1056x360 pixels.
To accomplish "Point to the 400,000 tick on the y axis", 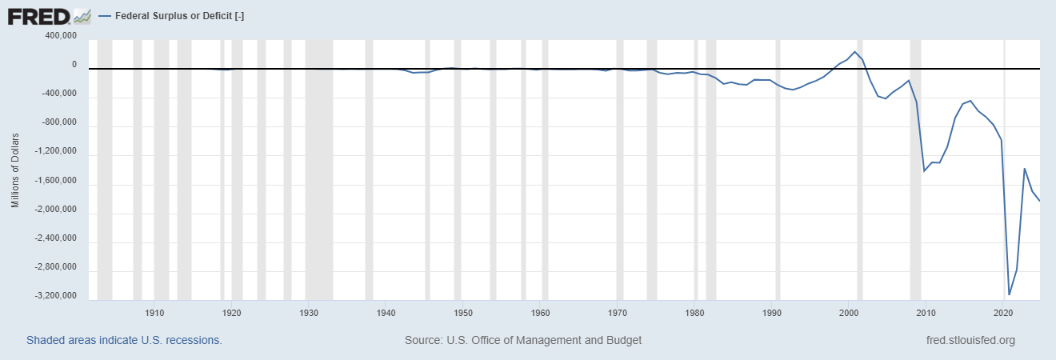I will [x=61, y=36].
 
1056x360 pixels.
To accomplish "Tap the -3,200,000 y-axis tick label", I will [x=58, y=296].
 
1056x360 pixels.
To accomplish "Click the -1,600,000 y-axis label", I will [x=58, y=181].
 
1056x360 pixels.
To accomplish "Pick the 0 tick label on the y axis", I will [x=74, y=65].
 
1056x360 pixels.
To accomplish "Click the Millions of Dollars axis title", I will [x=15, y=166].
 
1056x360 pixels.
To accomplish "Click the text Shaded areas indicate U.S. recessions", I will [x=124, y=340].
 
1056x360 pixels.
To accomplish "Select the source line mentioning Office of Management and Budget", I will [x=523, y=340].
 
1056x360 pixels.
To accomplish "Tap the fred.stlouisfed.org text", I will [x=970, y=340].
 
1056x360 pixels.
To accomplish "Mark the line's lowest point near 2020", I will [x=1010, y=294].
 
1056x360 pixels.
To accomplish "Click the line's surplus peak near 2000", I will [x=855, y=52].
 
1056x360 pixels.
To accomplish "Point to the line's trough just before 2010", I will [x=924, y=171].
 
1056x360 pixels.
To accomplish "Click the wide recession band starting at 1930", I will [x=319, y=168].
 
